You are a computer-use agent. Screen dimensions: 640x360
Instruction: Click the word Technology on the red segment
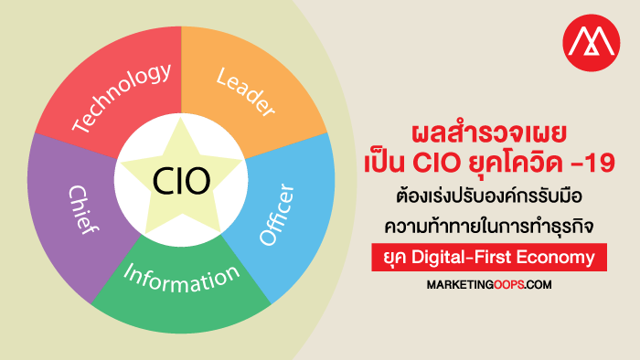pos(122,99)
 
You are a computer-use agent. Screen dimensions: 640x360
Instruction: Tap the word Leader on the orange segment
pos(245,92)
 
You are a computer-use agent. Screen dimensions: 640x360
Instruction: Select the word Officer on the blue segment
pos(277,215)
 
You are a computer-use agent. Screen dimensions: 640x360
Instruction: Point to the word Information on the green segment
pos(182,279)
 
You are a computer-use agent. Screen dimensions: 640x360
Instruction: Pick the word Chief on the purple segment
pos(83,210)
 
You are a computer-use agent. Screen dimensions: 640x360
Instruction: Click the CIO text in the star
pos(182,181)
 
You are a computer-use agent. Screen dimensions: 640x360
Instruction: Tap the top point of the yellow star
pos(181,118)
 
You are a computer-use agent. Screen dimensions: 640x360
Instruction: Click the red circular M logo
pos(591,43)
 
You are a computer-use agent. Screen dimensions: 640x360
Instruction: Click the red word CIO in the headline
pos(436,163)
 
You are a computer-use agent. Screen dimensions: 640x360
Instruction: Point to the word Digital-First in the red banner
pos(461,258)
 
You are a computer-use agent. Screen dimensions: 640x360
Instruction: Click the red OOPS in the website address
pos(508,284)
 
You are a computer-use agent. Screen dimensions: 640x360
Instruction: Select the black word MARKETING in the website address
pos(460,284)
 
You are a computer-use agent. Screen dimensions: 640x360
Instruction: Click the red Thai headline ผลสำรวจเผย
pos(489,132)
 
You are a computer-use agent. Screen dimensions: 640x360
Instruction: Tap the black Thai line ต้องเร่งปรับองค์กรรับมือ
pos(489,196)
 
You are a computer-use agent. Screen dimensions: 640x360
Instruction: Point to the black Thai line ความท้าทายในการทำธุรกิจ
pos(489,226)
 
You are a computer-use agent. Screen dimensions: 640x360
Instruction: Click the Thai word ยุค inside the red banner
pos(395,258)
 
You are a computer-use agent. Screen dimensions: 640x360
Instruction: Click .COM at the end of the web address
pos(538,284)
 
